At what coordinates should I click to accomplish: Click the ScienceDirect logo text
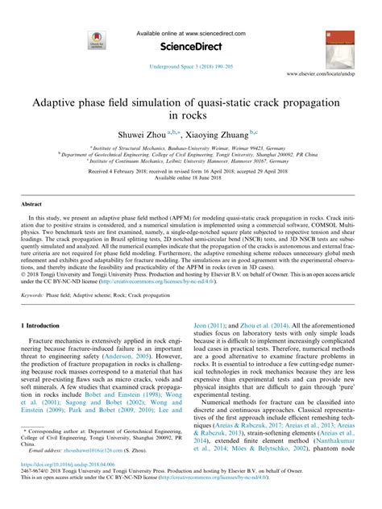pos(190,46)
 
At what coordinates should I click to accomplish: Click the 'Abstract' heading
pos(31,206)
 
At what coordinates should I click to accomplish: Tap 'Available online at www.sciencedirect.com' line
pos(190,31)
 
